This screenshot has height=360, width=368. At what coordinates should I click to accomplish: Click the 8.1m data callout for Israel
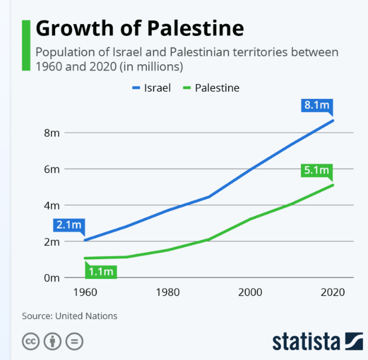[317, 106]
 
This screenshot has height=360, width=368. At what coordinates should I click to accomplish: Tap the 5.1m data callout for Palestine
[317, 170]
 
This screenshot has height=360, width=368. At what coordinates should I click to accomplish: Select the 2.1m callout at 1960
[68, 226]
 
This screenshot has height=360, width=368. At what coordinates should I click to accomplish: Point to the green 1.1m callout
[101, 271]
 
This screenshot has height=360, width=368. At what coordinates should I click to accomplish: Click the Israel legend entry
[151, 88]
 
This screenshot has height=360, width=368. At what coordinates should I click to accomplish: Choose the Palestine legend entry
[210, 88]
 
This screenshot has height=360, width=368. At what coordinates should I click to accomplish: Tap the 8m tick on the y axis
[52, 133]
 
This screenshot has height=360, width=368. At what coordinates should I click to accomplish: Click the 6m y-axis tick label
[52, 169]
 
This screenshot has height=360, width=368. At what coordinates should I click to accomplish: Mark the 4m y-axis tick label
[52, 205]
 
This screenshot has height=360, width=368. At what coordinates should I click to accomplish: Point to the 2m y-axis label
[52, 242]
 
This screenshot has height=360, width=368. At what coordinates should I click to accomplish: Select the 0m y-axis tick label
[52, 278]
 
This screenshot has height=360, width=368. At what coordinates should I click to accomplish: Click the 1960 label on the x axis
[85, 293]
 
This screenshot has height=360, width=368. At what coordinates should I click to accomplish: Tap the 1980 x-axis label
[167, 293]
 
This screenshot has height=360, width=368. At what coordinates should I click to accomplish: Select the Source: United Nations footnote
[70, 316]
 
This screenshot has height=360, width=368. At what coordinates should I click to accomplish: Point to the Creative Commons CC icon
[31, 341]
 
